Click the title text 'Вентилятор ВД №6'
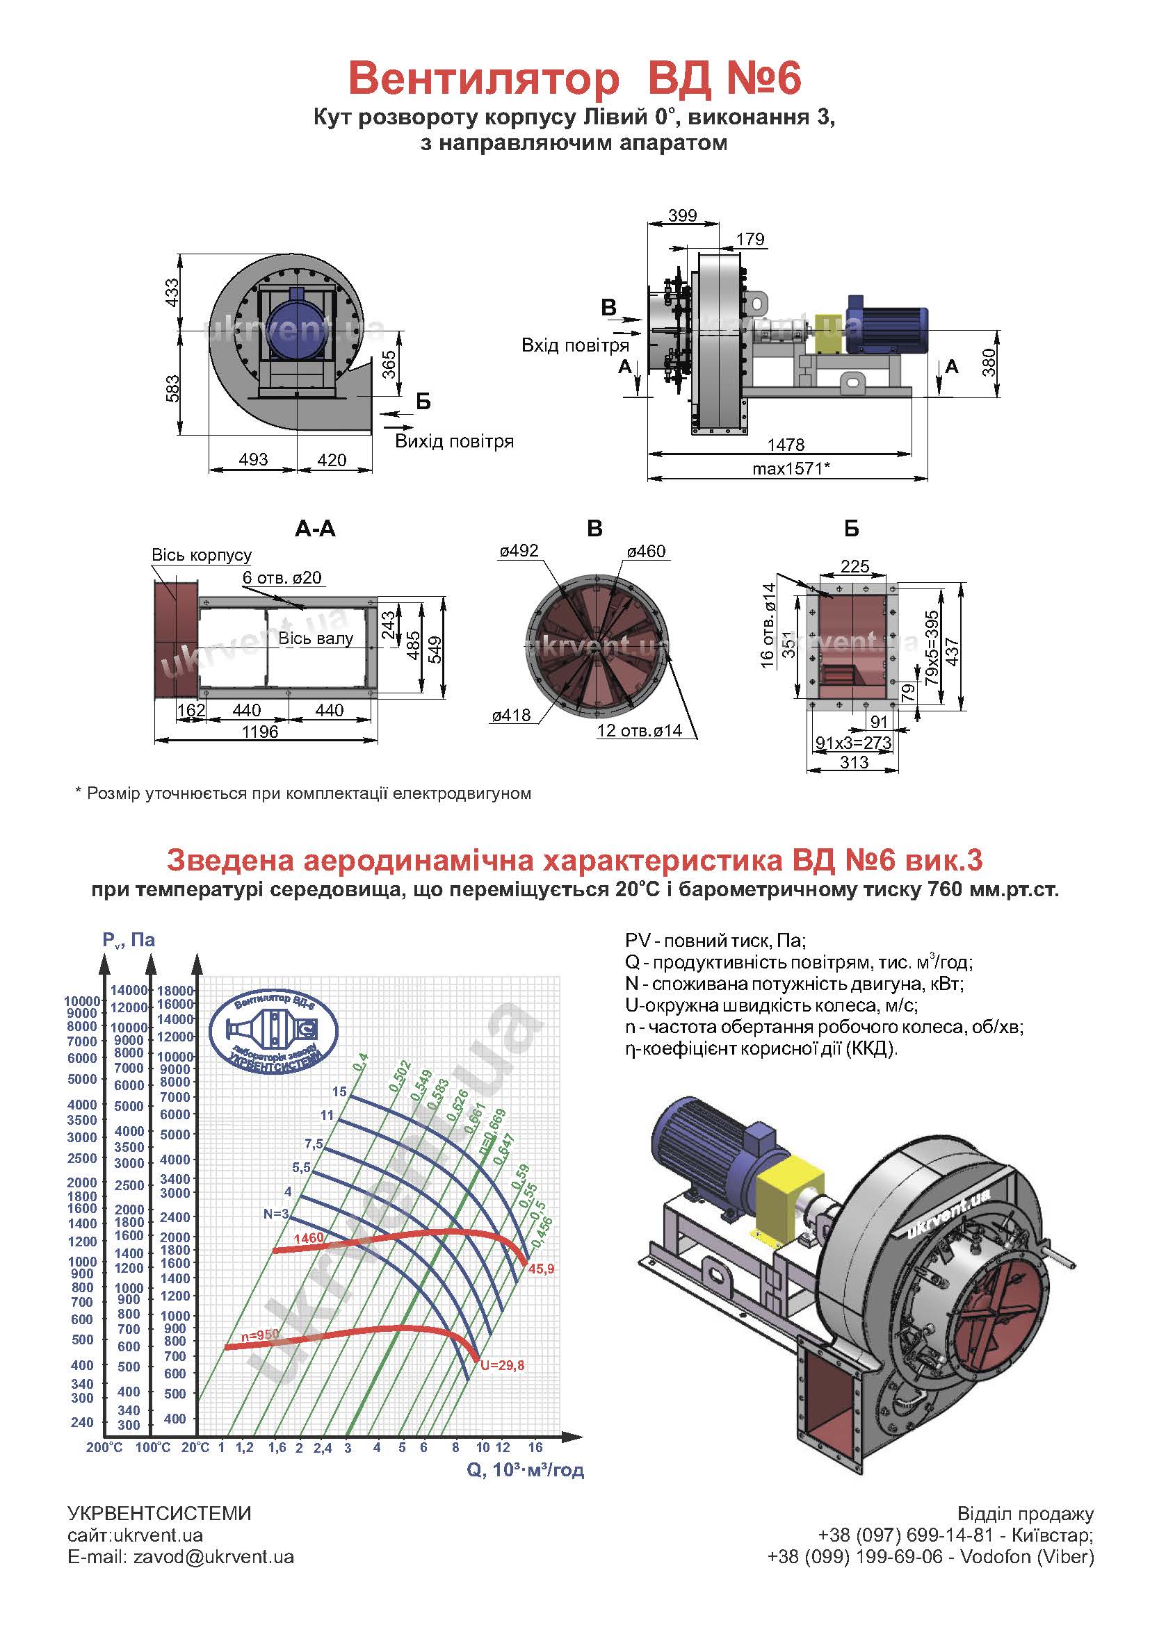tap(574, 79)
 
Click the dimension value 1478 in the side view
tap(786, 445)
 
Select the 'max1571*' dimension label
tap(791, 468)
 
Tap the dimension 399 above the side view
tap(683, 215)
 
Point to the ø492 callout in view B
tap(519, 551)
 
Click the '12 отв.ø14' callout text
tap(640, 730)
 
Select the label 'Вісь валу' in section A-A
tap(316, 638)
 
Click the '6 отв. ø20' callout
tap(282, 577)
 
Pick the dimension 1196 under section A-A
tap(260, 732)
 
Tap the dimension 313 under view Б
tap(854, 762)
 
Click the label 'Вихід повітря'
tap(454, 442)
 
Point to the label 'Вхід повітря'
tap(575, 345)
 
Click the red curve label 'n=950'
tap(260, 1335)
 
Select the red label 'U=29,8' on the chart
tap(502, 1365)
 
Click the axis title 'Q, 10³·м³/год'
tap(526, 1470)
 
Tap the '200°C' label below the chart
tap(104, 1447)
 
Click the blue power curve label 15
tap(339, 1091)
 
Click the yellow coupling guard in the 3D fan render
tap(790, 1198)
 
